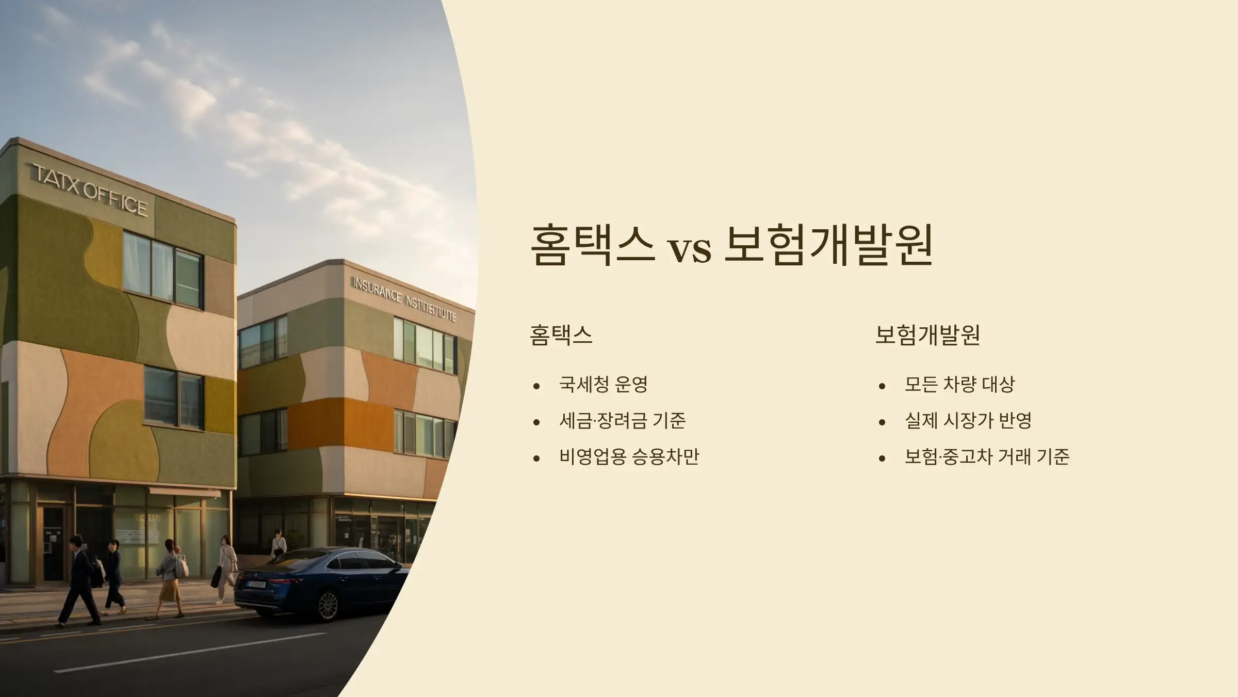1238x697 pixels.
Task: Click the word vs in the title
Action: coord(690,249)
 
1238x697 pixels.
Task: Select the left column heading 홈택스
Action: coord(561,335)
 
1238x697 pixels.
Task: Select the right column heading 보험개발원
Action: coord(927,335)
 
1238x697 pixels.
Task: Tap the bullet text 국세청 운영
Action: coord(603,384)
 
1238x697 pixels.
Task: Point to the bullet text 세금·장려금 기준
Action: coord(622,420)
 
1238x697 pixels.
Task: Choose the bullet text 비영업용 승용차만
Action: coord(629,456)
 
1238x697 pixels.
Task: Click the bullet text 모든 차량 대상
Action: coord(959,384)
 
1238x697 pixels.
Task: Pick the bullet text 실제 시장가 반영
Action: coord(968,420)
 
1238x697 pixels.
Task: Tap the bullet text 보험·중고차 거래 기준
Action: coord(986,456)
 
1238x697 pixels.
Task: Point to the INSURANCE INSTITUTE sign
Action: coord(403,299)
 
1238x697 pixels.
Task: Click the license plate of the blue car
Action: coord(256,584)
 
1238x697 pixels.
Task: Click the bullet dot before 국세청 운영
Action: coord(536,386)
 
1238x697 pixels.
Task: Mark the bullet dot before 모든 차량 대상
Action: coord(882,386)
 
